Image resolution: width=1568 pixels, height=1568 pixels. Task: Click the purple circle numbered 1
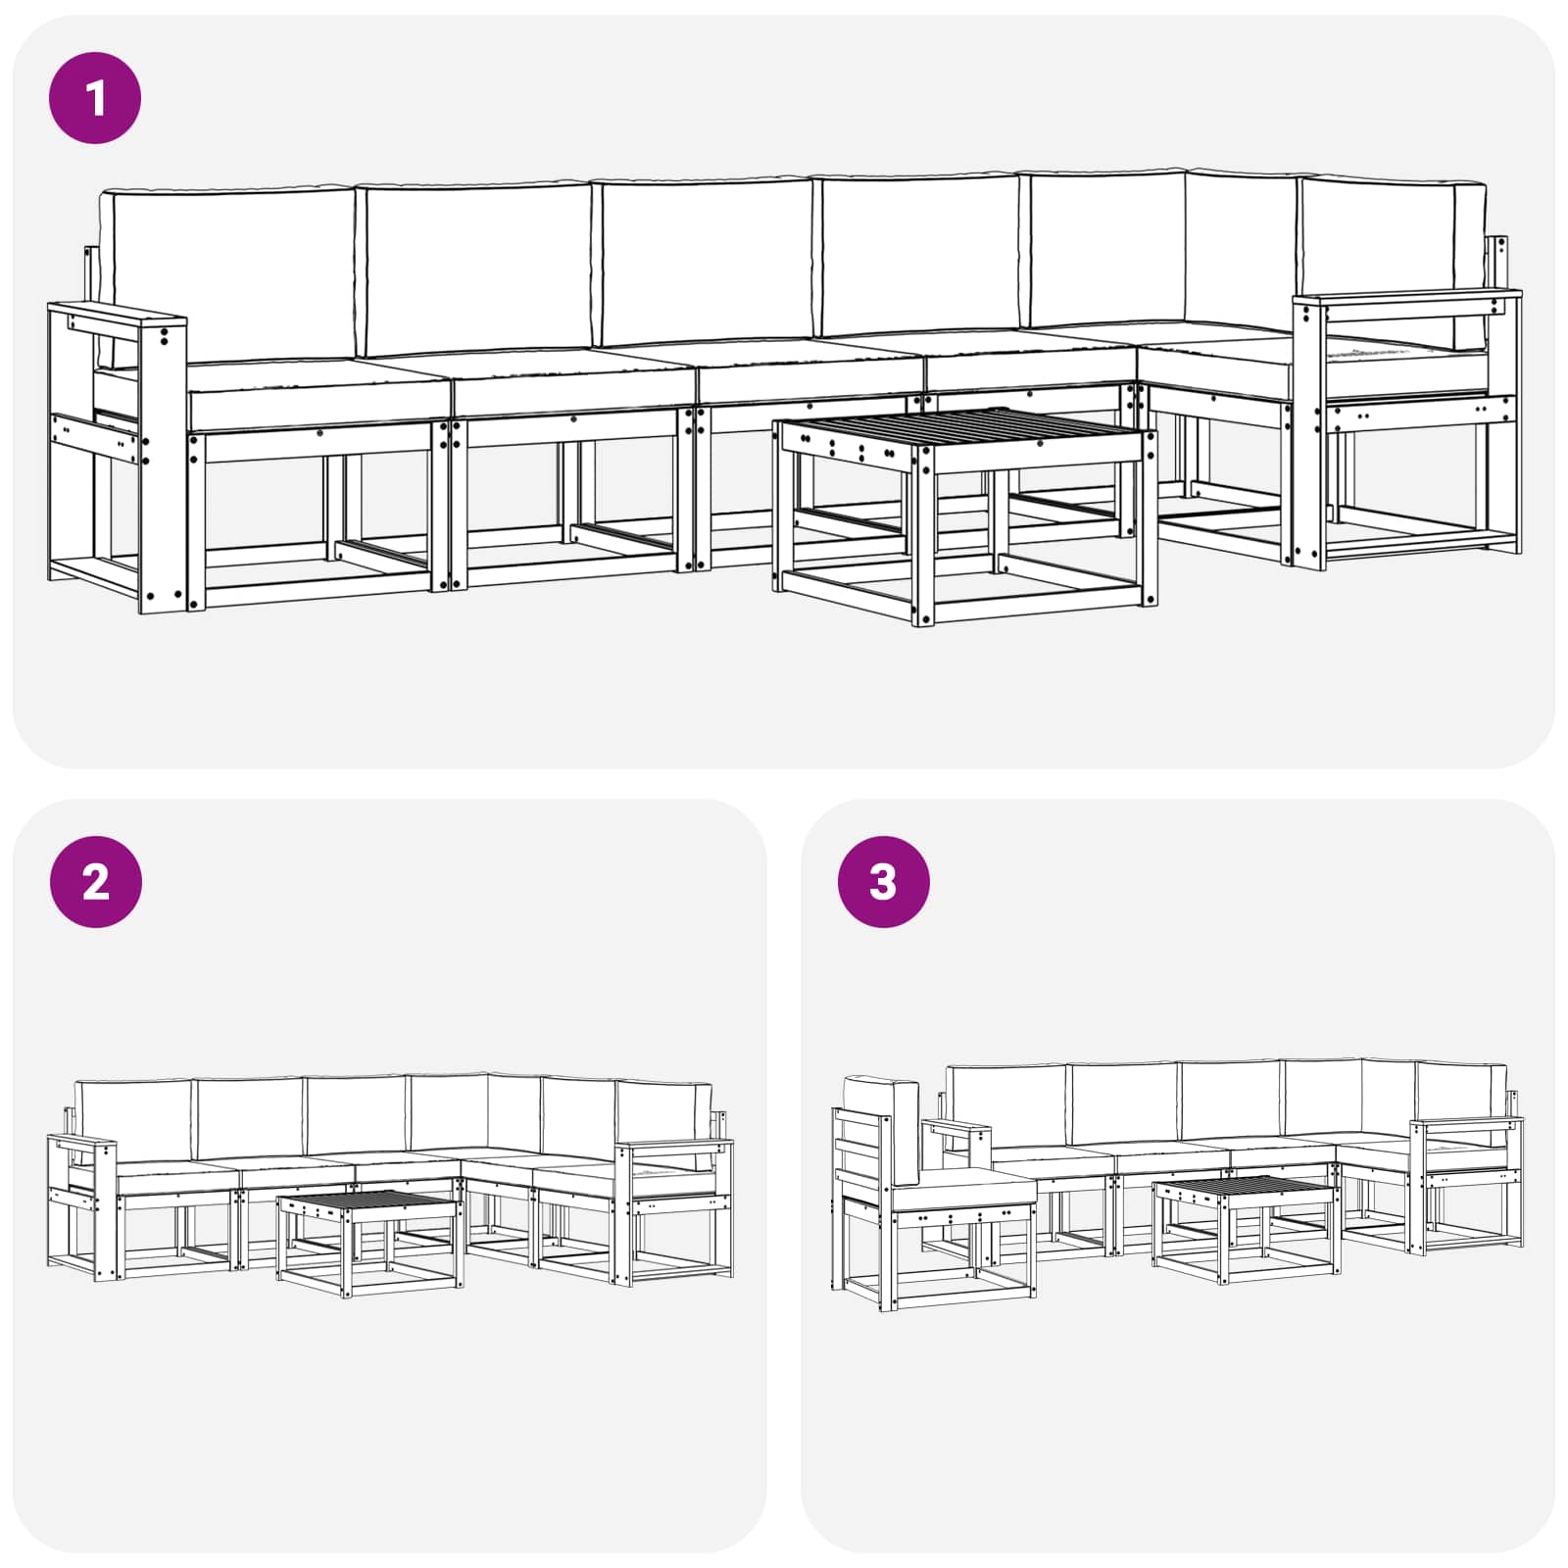click(95, 98)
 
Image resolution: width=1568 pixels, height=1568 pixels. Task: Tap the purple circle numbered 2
click(95, 882)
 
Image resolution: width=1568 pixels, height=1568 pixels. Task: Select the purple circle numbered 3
click(883, 882)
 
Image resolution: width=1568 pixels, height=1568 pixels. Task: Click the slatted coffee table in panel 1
click(965, 431)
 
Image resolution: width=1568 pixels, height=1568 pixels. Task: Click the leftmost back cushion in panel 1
click(233, 274)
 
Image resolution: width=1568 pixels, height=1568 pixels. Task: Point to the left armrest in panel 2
click(82, 1143)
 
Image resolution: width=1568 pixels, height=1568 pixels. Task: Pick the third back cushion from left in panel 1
click(706, 263)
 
